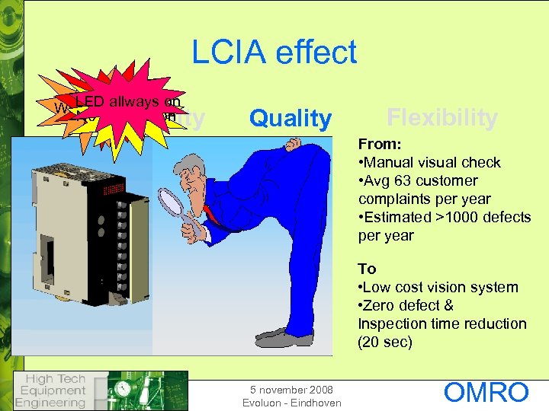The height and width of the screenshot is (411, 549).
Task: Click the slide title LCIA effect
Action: point(274,53)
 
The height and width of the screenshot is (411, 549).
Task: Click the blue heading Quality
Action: point(291,118)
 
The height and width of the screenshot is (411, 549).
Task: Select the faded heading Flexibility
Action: point(441,118)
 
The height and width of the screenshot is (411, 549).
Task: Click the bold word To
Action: point(367,269)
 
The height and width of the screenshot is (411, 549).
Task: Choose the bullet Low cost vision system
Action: point(438,287)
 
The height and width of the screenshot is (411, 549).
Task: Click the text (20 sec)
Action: point(385,342)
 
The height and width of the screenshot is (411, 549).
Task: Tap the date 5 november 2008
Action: point(291,390)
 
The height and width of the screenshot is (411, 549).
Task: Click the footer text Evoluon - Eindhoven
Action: point(291,403)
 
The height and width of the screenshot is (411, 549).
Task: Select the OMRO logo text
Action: point(486,393)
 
